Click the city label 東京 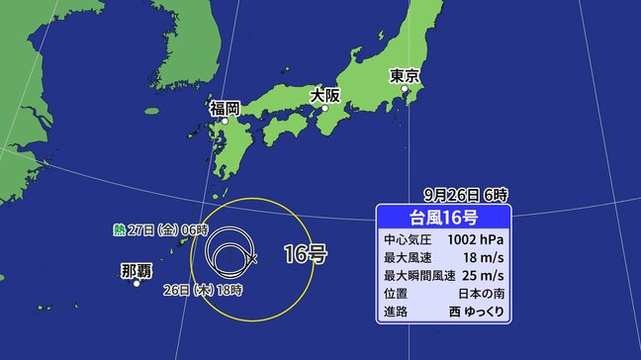point(407,75)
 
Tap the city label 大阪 point(324,96)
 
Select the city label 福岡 point(225,108)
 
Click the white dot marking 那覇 point(137,283)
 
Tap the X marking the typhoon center point(253,258)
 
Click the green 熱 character point(119,229)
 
